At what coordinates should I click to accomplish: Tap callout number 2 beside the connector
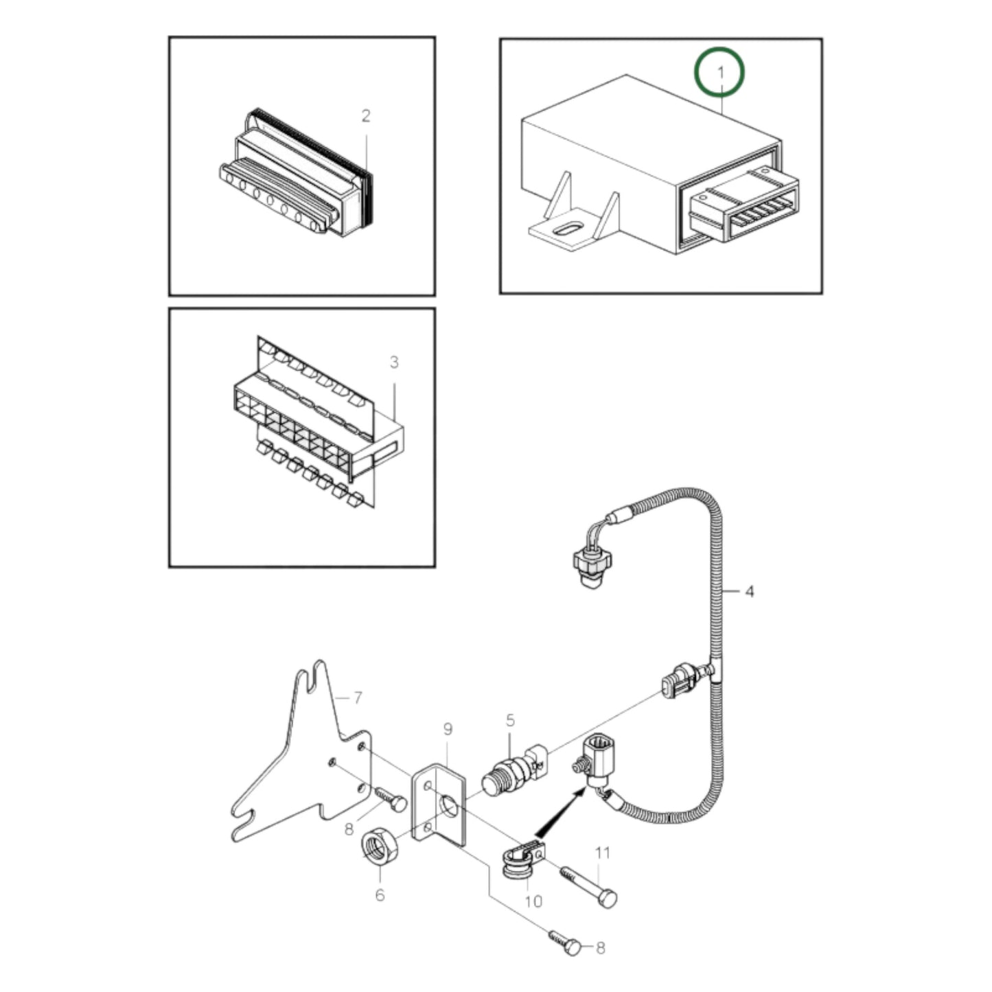pyautogui.click(x=366, y=116)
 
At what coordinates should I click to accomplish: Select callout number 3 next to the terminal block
pyautogui.click(x=394, y=362)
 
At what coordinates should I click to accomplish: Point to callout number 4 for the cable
pyautogui.click(x=749, y=590)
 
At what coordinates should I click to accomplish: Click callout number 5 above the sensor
pyautogui.click(x=510, y=720)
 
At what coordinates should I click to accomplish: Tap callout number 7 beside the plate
pyautogui.click(x=357, y=698)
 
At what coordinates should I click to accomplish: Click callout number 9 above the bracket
pyautogui.click(x=448, y=729)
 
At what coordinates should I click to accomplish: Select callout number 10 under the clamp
pyautogui.click(x=533, y=900)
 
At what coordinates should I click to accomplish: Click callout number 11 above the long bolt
pyautogui.click(x=602, y=853)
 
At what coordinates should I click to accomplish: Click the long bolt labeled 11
pyautogui.click(x=589, y=886)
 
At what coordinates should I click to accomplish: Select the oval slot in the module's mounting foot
pyautogui.click(x=564, y=229)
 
